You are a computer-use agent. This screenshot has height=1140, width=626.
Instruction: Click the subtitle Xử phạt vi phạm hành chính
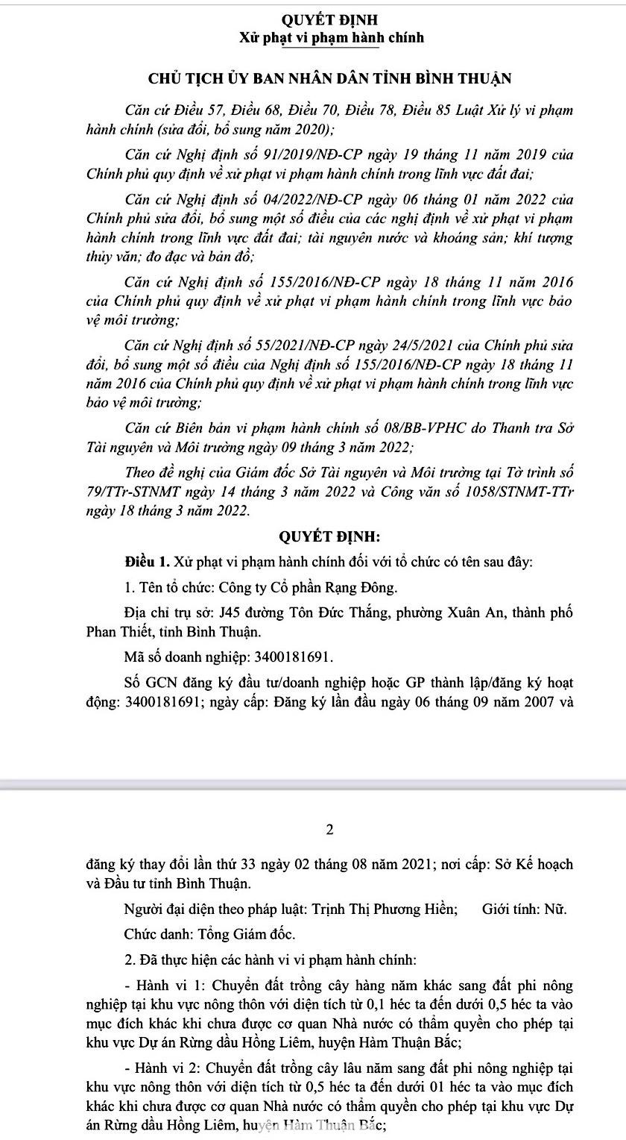click(331, 37)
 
